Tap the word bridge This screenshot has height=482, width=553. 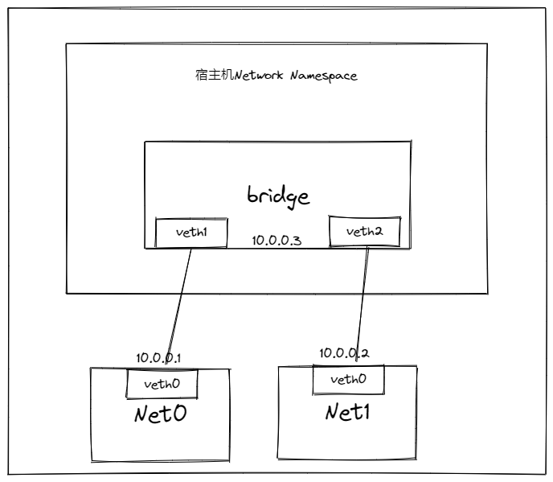(278, 196)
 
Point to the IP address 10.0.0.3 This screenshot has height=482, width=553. (276, 241)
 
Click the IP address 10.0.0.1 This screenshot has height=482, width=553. (158, 358)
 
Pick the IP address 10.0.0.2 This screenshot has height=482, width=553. (344, 353)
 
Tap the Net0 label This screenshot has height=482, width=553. (161, 414)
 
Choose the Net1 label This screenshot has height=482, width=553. (348, 412)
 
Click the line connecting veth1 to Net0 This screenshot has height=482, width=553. (178, 306)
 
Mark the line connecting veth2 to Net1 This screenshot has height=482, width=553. (363, 303)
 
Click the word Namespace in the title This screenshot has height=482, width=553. (324, 76)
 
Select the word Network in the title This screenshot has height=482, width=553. (259, 75)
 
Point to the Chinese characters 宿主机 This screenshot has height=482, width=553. (215, 75)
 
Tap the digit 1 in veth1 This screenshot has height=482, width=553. (203, 232)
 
